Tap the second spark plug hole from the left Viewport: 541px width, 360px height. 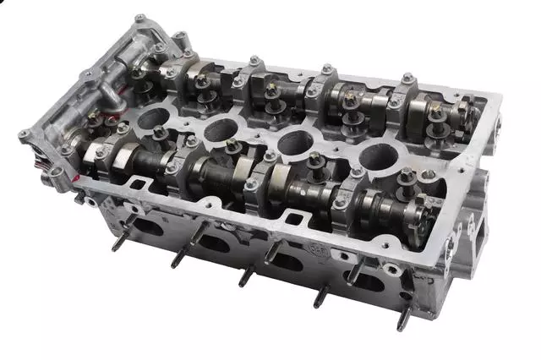point(221,129)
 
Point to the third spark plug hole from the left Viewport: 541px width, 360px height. point(295,144)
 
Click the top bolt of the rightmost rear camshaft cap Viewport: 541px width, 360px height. point(408,78)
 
